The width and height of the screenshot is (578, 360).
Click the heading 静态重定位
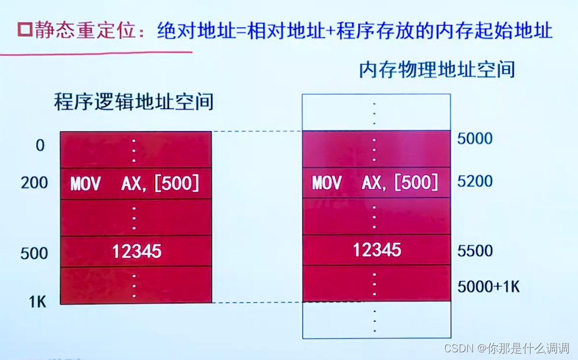click(x=84, y=30)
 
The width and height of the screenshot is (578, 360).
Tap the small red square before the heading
click(x=25, y=30)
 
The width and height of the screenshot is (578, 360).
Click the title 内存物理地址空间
click(x=437, y=70)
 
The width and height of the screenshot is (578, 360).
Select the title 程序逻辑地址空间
click(x=134, y=101)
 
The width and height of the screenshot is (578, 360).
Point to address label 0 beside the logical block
click(x=40, y=145)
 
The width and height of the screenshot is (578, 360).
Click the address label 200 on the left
click(x=34, y=183)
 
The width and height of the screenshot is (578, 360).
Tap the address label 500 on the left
click(x=34, y=253)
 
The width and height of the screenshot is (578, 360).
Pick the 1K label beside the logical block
click(x=37, y=302)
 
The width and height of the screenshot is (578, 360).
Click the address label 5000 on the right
click(x=475, y=139)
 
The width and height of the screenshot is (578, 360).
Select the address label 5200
click(x=475, y=181)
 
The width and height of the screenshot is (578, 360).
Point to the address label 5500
click(x=475, y=251)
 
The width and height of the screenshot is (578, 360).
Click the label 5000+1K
click(x=488, y=286)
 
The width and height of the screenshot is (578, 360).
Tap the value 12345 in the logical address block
click(x=137, y=251)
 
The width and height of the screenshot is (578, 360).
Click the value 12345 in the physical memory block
click(x=377, y=250)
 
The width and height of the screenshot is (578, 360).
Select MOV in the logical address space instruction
click(x=85, y=183)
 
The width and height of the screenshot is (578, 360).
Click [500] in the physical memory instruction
click(x=416, y=182)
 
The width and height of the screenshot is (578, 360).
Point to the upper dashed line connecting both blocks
click(x=257, y=131)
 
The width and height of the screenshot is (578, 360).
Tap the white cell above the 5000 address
click(x=376, y=113)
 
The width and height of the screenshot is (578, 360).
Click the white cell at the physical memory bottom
click(x=376, y=320)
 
